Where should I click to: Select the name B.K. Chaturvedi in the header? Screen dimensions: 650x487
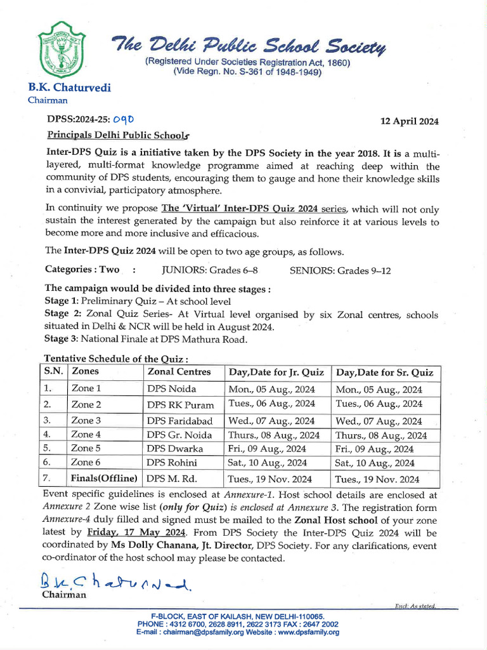coord(69,88)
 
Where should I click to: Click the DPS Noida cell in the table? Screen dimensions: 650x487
coord(172,388)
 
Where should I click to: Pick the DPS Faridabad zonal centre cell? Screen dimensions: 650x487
coord(180,420)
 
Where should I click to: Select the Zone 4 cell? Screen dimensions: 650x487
coord(86,435)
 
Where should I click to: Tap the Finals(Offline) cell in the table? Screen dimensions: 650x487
coord(104,478)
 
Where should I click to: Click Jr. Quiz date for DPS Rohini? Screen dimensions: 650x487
coord(267,463)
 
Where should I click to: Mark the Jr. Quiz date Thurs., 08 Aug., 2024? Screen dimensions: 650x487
coord(273,435)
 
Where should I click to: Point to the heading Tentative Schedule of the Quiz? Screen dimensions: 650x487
coord(107,359)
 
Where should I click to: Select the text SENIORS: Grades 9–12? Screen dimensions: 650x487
coord(340,270)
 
